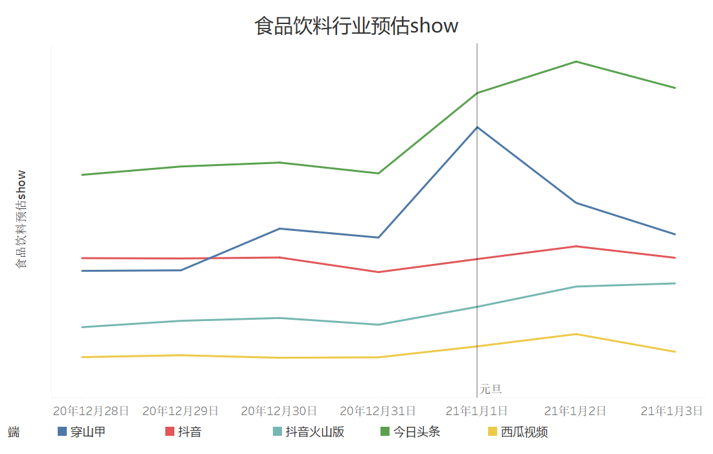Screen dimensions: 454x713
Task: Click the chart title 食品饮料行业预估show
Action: click(x=356, y=26)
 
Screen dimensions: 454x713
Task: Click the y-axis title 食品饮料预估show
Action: click(x=21, y=219)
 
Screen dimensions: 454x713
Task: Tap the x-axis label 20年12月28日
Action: click(x=82, y=411)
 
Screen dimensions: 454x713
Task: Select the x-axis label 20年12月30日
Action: click(x=279, y=411)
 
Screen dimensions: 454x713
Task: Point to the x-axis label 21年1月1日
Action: click(x=477, y=411)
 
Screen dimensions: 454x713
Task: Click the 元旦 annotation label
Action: click(x=491, y=389)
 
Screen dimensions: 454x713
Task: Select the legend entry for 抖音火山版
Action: click(x=315, y=432)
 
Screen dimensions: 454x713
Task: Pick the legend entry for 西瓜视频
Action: click(x=524, y=432)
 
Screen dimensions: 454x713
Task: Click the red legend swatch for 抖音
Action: click(x=170, y=432)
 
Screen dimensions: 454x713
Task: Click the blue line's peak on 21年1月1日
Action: click(x=477, y=127)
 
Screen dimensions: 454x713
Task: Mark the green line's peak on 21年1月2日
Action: click(x=576, y=62)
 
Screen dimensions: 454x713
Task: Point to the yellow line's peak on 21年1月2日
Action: click(x=576, y=334)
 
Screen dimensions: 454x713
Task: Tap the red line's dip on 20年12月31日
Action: click(x=379, y=272)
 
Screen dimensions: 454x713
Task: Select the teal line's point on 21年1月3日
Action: click(x=675, y=283)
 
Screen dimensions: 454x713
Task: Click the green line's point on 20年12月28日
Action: click(x=82, y=174)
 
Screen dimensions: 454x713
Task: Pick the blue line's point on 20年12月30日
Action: click(x=279, y=228)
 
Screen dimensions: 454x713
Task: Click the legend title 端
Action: click(x=13, y=432)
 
